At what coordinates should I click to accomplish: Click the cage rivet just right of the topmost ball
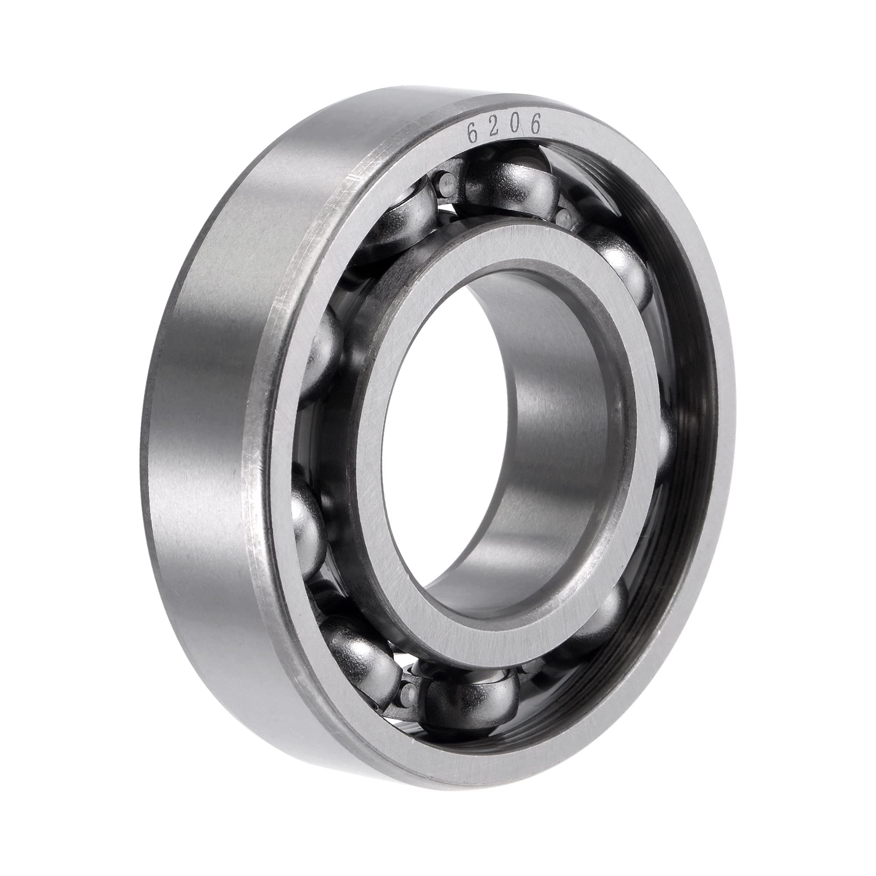click(565, 218)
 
